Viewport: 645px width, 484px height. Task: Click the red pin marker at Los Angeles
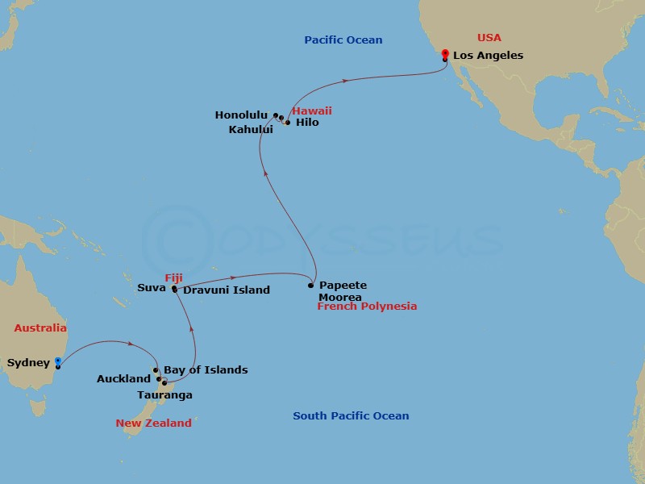tap(445, 55)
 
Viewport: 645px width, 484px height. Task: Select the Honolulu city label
tap(241, 115)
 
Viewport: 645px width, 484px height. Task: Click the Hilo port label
tap(307, 123)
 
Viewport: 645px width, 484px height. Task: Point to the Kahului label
tap(251, 129)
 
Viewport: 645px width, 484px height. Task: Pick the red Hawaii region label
tap(312, 111)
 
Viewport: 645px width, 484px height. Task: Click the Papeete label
tap(343, 286)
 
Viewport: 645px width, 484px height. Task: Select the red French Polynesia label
tap(367, 307)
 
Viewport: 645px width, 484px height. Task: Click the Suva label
tap(152, 287)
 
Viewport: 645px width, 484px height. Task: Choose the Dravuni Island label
tap(227, 290)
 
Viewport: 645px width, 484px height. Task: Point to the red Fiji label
tap(173, 277)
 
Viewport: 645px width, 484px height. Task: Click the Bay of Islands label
tap(205, 370)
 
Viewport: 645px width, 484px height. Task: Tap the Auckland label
tap(123, 378)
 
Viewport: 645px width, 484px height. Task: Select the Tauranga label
tap(165, 395)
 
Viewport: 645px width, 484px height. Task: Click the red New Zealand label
tap(153, 423)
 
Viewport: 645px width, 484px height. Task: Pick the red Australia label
tap(40, 328)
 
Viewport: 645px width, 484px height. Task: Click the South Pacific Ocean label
tap(351, 416)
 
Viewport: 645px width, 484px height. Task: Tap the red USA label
tap(489, 38)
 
